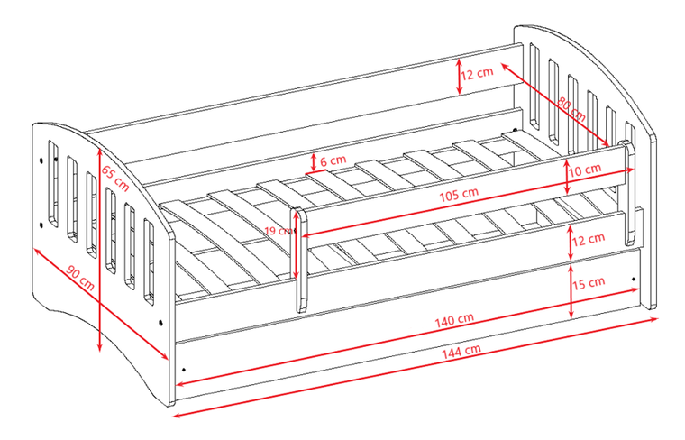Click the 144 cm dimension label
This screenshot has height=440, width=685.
[x=461, y=351]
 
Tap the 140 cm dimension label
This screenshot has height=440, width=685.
[x=454, y=320]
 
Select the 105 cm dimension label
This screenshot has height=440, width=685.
[x=459, y=195]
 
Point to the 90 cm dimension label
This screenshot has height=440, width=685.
[x=80, y=278]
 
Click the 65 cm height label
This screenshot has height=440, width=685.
[x=115, y=179]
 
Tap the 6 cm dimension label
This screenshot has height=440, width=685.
[x=333, y=160]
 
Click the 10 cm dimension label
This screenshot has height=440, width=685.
[x=585, y=170]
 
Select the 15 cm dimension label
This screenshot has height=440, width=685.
[x=589, y=283]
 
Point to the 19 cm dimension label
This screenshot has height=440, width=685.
[x=278, y=230]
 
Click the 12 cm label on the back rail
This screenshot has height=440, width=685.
[x=477, y=73]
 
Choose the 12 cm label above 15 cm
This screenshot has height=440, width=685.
[x=589, y=239]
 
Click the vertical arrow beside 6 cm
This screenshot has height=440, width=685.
[x=314, y=162]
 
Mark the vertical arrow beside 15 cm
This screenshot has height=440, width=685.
[x=571, y=291]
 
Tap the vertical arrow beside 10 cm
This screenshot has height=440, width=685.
[x=567, y=177]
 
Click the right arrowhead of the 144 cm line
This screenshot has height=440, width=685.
[x=655, y=319]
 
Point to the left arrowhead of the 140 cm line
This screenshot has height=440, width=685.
[x=179, y=384]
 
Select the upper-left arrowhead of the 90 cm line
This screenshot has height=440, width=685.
[x=36, y=252]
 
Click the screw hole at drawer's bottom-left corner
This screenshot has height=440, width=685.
[x=184, y=369]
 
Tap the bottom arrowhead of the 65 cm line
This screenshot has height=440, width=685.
[x=100, y=348]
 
